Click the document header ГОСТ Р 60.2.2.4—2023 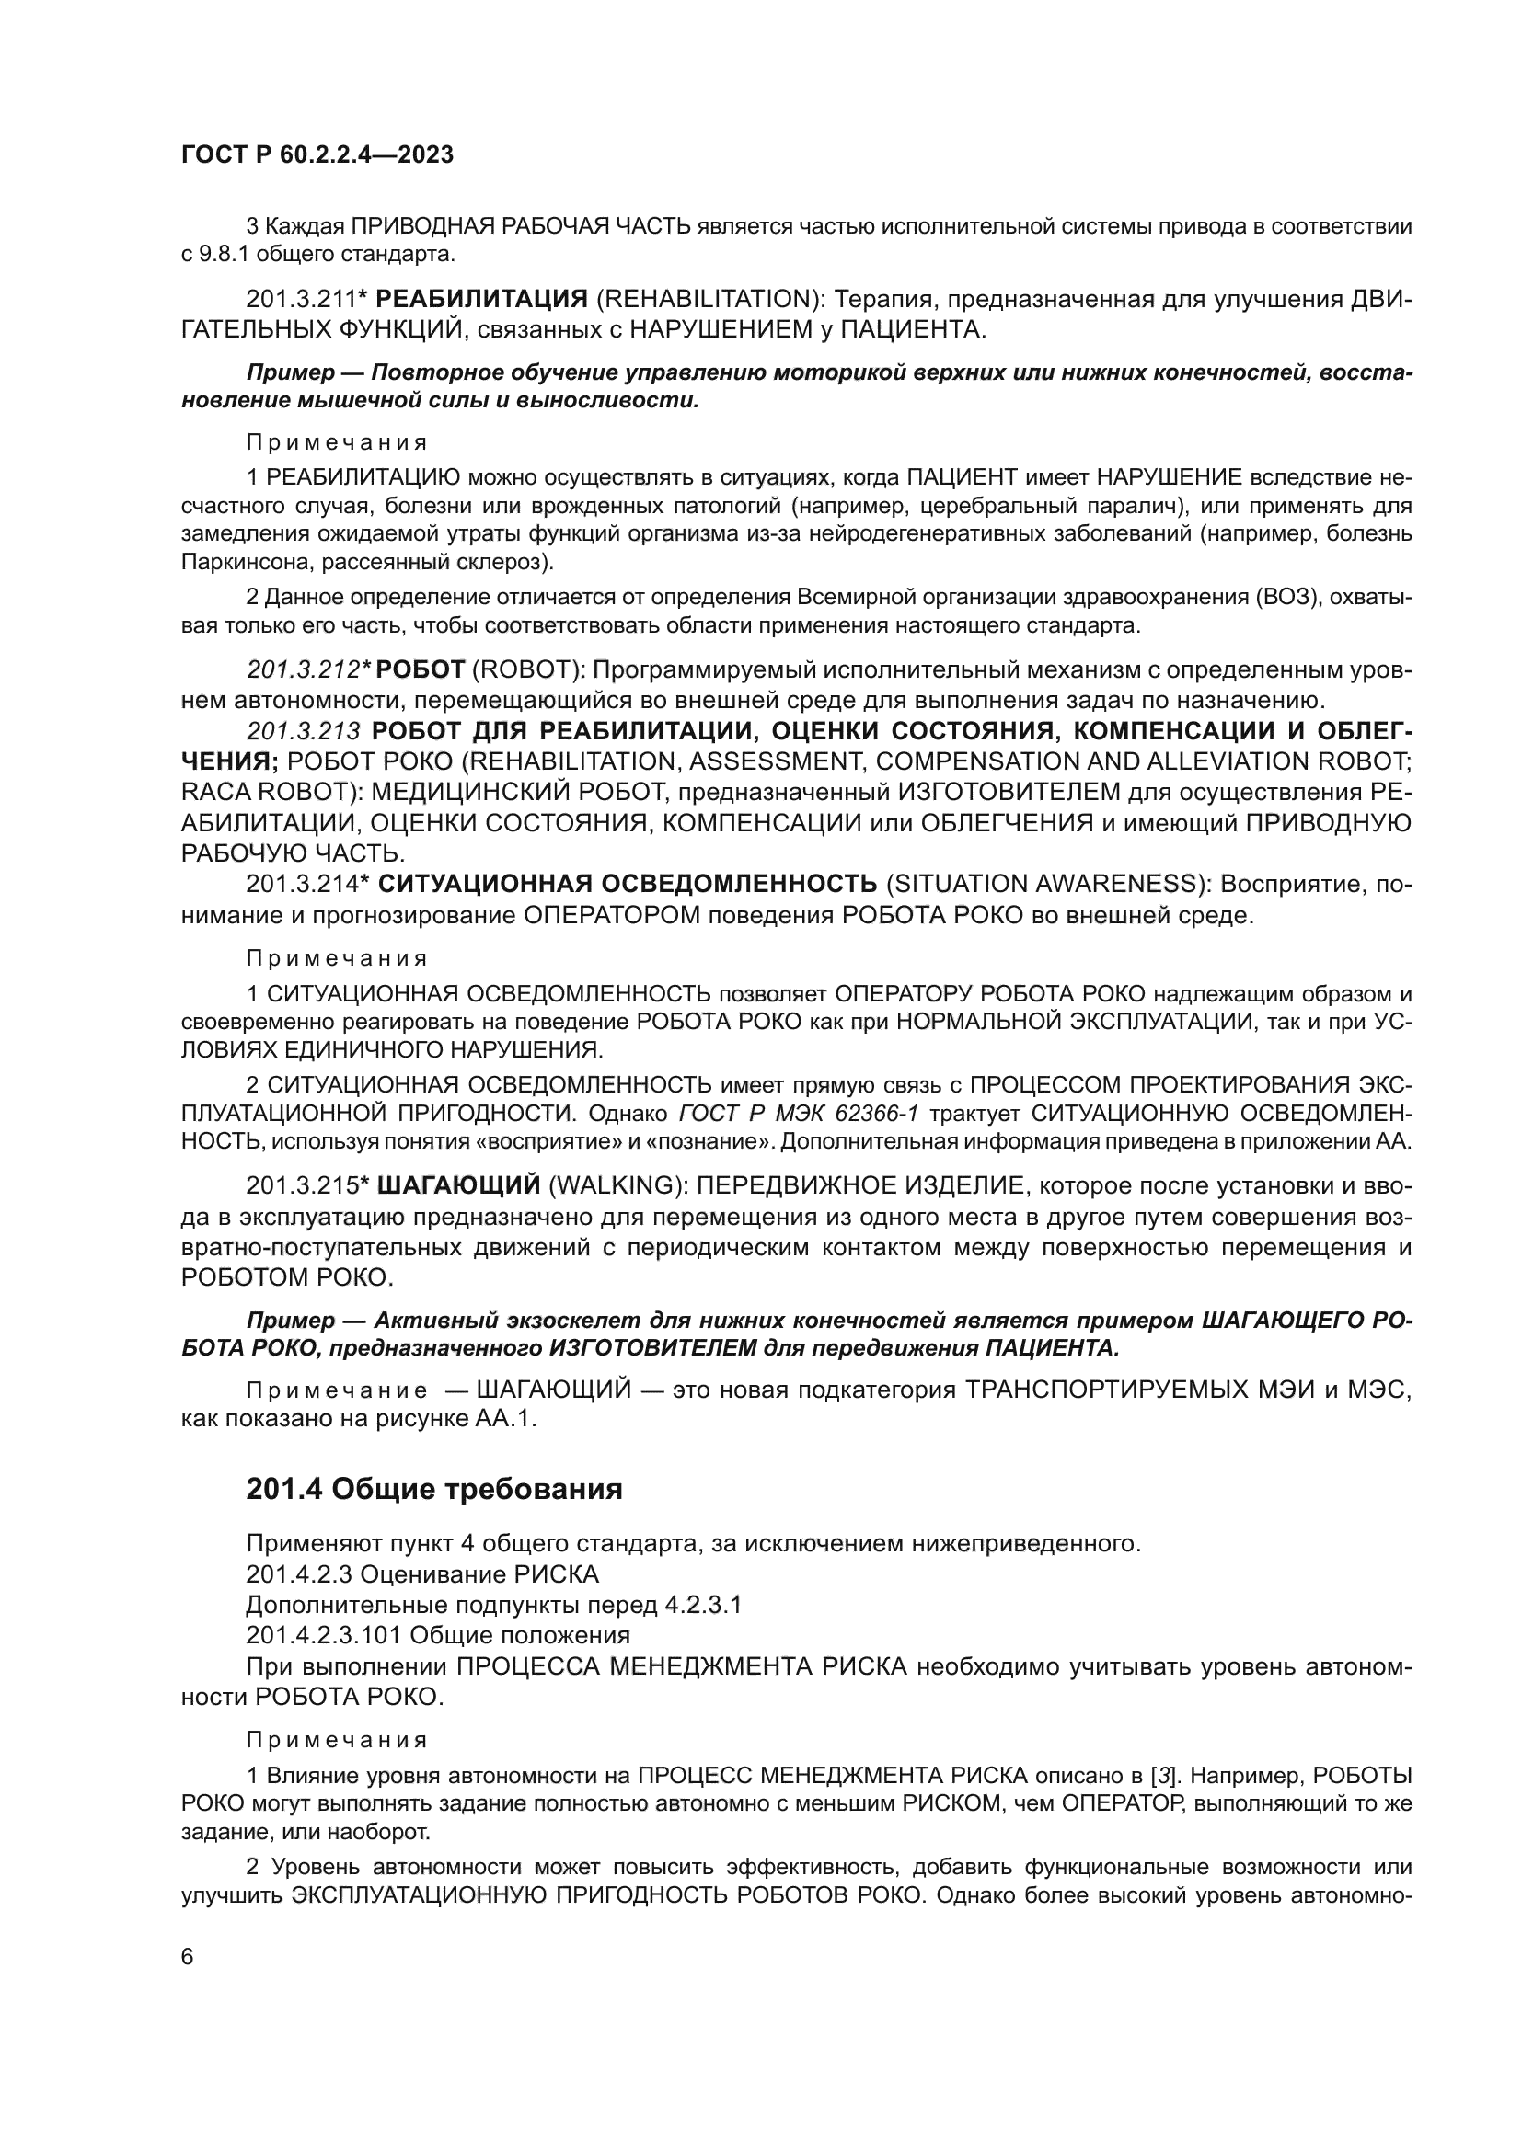317,155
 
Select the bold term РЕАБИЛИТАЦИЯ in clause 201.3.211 480,300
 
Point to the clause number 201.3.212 304,669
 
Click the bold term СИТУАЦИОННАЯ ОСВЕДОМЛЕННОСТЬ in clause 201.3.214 627,884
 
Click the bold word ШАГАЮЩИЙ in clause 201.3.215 458,1186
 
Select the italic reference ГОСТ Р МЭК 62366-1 798,1114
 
